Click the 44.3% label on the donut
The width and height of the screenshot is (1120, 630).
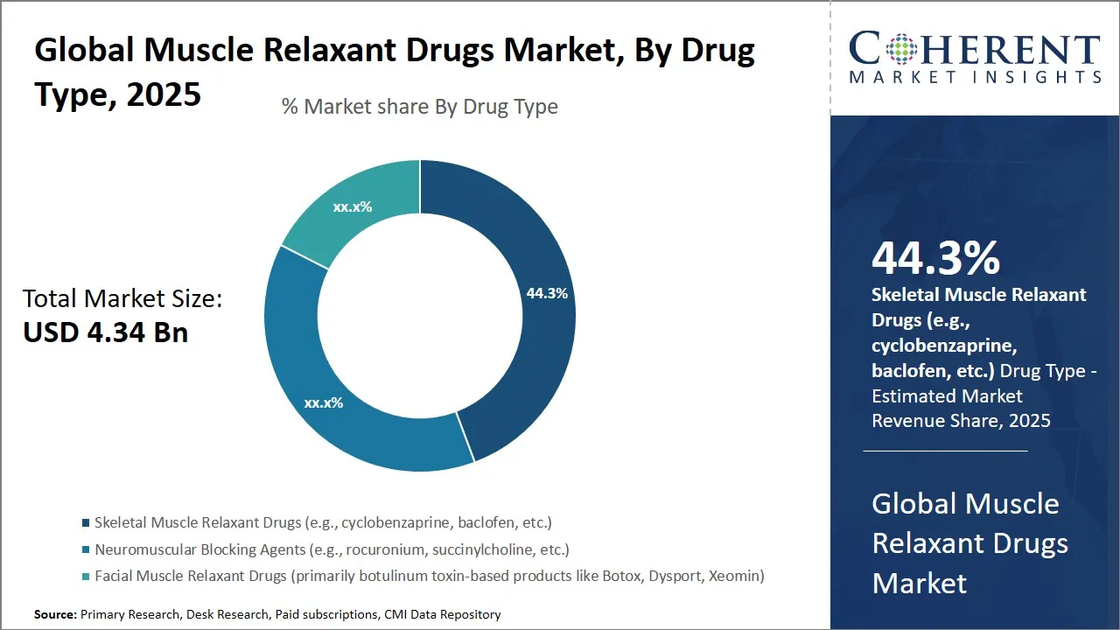[547, 294]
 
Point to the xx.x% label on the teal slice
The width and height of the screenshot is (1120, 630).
[353, 207]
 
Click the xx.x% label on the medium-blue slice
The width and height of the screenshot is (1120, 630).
[324, 403]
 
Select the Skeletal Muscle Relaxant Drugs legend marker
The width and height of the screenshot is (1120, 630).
[86, 523]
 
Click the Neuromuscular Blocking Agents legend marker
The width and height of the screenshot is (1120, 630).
[86, 550]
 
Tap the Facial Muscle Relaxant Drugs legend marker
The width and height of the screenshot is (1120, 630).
[86, 577]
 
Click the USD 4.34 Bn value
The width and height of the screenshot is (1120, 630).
[105, 332]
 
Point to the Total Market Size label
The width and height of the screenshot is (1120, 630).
[122, 299]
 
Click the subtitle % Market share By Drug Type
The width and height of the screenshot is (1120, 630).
[419, 107]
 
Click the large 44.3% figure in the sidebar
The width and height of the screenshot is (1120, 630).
[935, 259]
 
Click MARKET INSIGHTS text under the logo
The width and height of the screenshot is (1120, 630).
[974, 77]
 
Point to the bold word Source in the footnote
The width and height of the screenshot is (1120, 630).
[55, 615]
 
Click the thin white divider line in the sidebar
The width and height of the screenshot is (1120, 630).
[945, 451]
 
